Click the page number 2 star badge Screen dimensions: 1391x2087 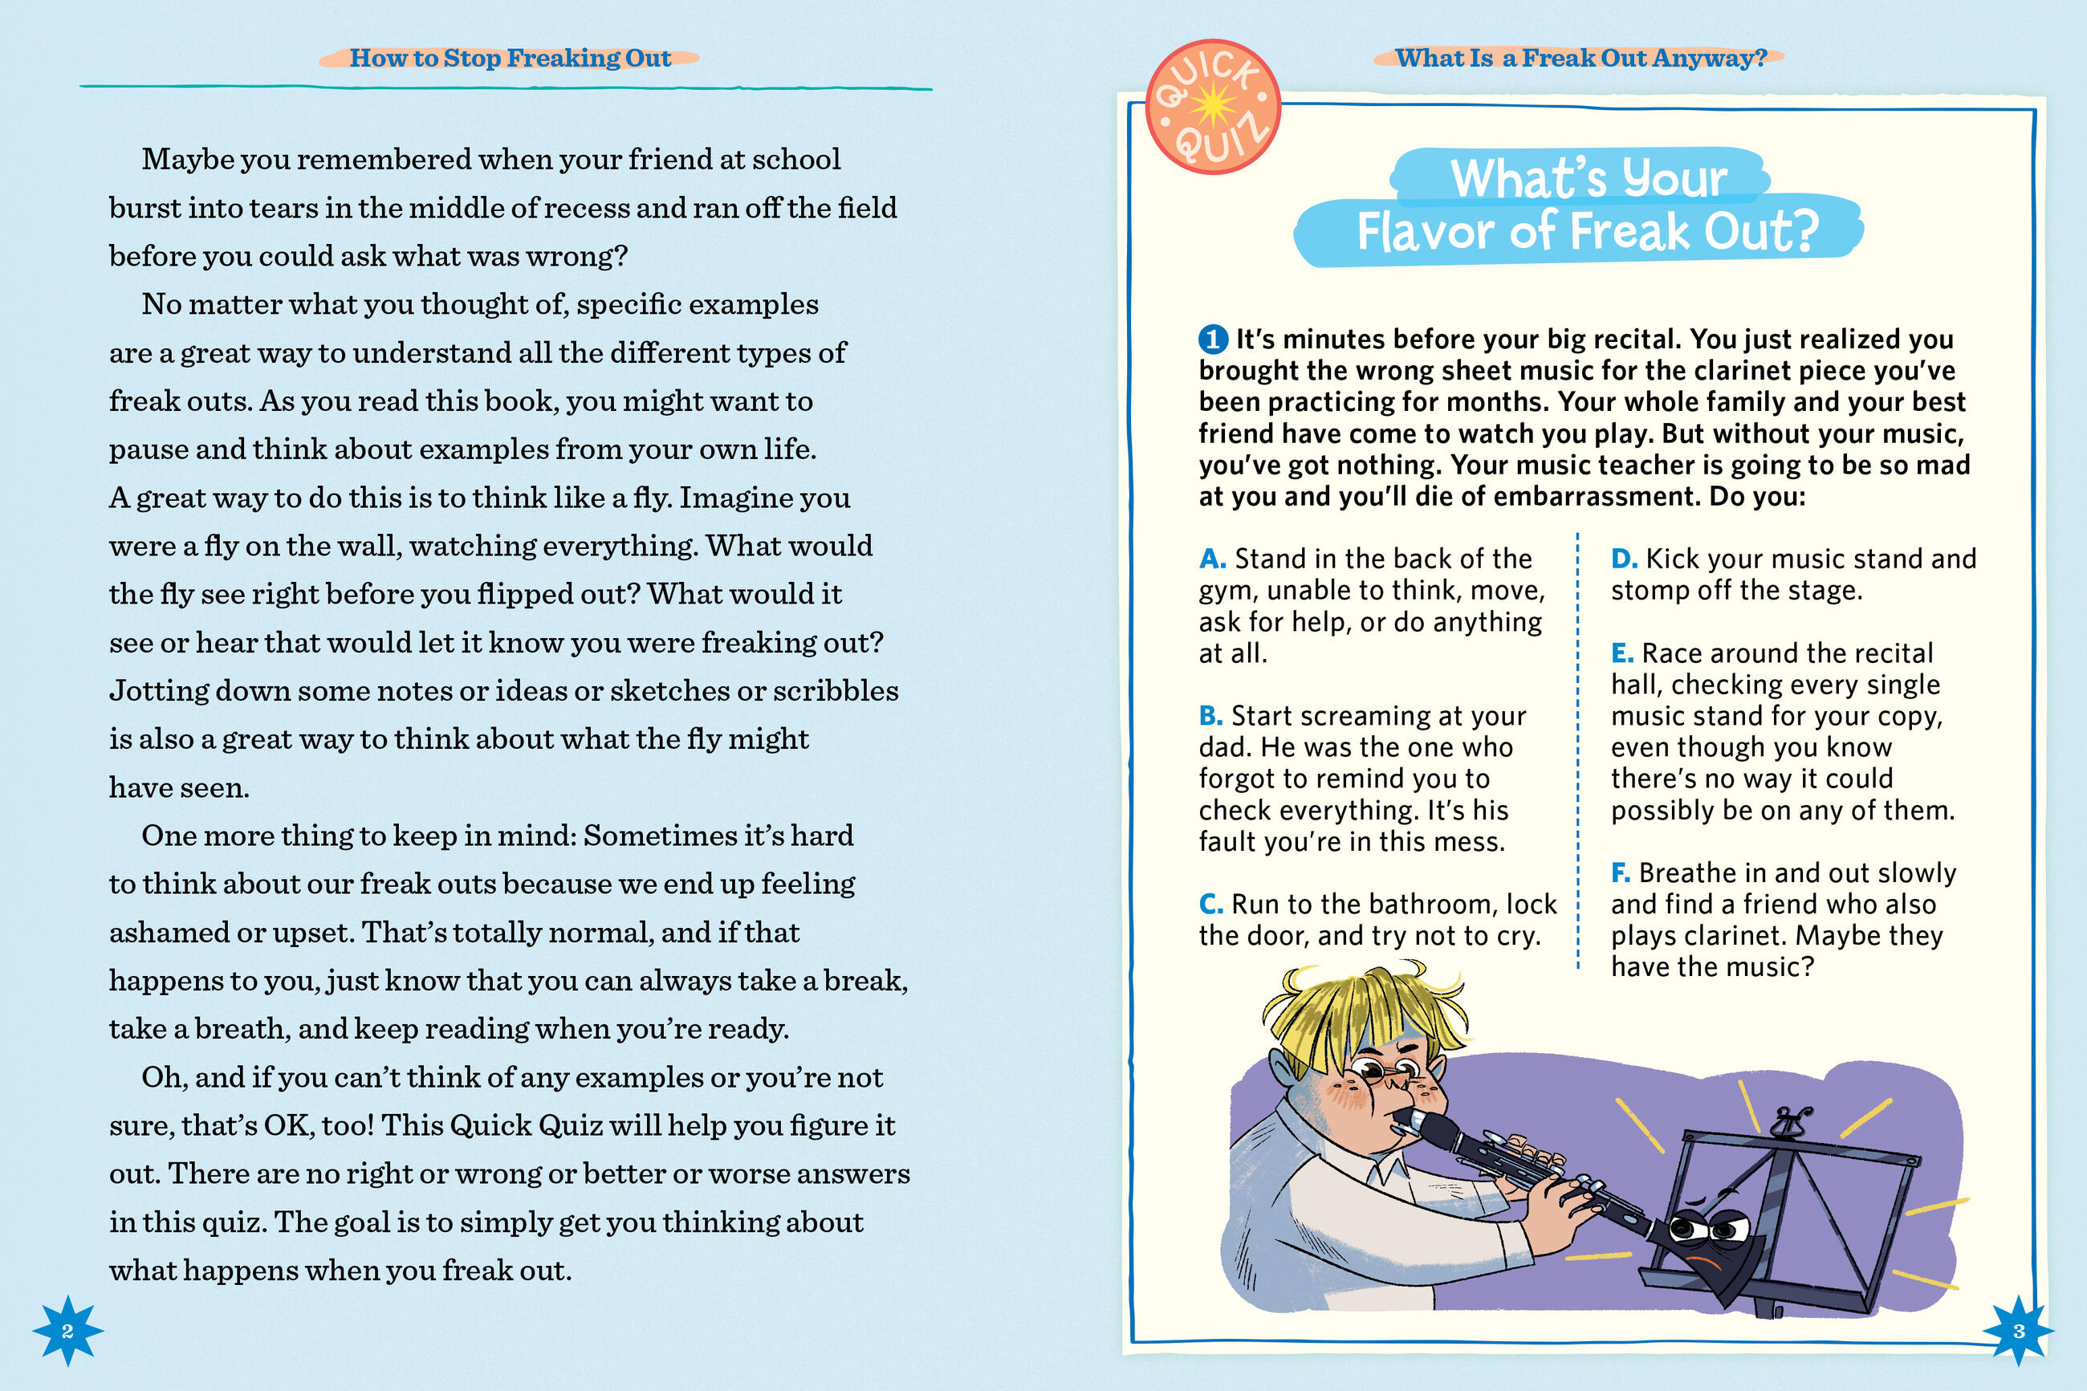point(67,1331)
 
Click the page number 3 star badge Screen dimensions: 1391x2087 point(2019,1331)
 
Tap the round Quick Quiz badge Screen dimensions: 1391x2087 point(1212,107)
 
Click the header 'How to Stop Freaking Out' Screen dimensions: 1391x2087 point(510,59)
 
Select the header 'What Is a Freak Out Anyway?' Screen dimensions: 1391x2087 point(1581,59)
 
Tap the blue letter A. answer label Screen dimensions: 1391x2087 point(1212,559)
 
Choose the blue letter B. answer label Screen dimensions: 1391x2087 point(1210,716)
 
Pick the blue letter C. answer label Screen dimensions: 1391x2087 point(1210,904)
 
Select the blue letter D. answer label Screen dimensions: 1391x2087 point(1624,559)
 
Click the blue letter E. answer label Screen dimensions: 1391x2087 point(1622,653)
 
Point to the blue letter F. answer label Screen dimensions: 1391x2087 point(1621,873)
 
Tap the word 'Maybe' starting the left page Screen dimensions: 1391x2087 point(187,160)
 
